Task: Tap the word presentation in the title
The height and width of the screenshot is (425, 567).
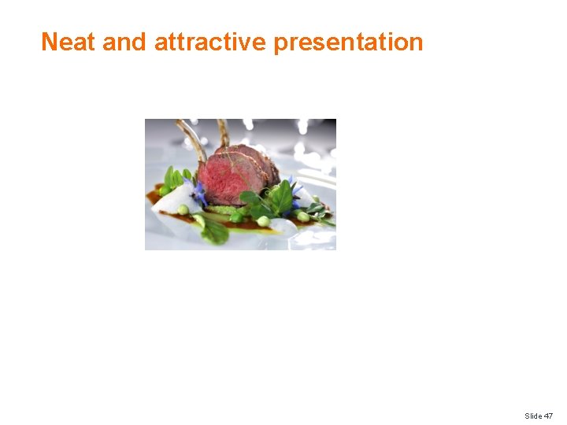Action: (348, 42)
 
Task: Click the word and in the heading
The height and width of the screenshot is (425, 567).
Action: (124, 42)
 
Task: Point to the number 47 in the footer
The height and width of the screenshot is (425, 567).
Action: (548, 416)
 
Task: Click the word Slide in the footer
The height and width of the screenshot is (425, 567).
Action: (533, 416)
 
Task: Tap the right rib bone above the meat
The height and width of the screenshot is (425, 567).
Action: (224, 132)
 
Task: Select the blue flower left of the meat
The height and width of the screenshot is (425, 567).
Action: (201, 193)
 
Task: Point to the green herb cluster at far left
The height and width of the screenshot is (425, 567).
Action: (174, 179)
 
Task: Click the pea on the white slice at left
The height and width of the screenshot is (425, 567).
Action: (183, 209)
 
